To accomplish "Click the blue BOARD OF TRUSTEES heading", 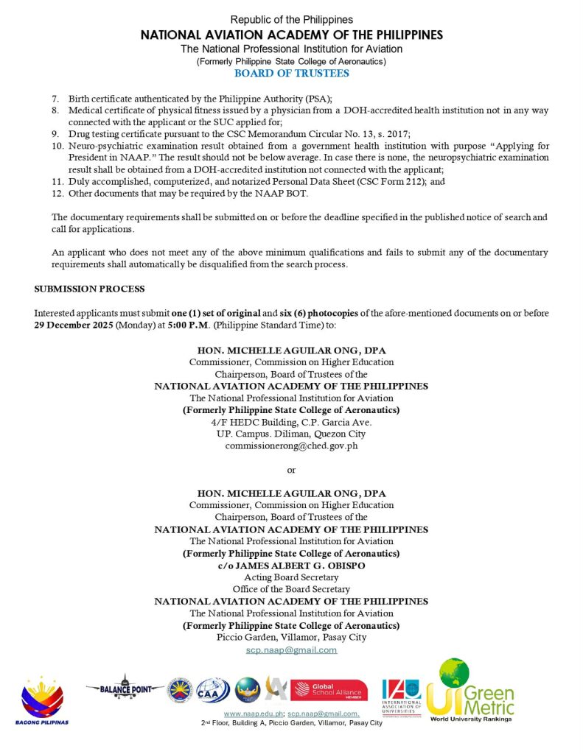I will click(x=291, y=73).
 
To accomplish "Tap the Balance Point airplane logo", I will click(x=125, y=688).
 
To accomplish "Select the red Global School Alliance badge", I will click(x=329, y=690).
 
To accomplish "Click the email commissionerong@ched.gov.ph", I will click(x=291, y=446).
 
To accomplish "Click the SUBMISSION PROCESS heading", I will click(x=89, y=288).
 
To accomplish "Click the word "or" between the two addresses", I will click(x=291, y=470).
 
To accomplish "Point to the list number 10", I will click(x=57, y=146).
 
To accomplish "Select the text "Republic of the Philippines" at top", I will click(x=291, y=19).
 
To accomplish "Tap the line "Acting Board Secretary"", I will click(x=291, y=577).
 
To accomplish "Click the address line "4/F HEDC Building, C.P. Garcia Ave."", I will click(x=291, y=422).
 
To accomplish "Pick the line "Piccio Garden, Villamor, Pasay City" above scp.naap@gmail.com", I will click(x=291, y=637).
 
